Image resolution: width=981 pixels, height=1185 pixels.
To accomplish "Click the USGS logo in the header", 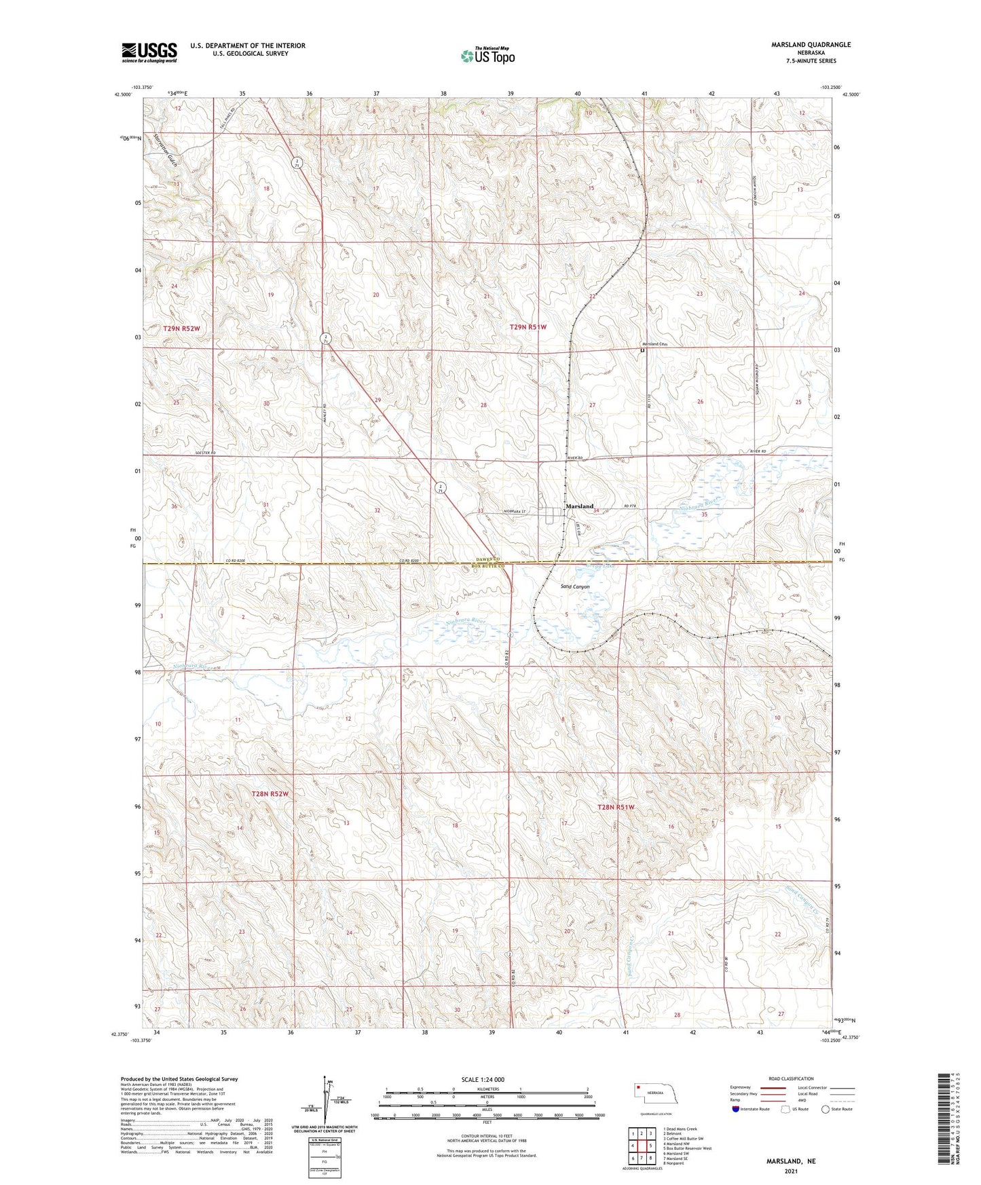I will (149, 52).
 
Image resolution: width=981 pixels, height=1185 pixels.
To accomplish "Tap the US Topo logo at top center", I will (487, 56).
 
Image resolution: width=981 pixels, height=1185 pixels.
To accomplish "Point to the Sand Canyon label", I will (575, 586).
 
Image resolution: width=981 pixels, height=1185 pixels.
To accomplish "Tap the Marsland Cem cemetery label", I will (656, 344).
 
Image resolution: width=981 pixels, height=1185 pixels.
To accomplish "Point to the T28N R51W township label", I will (616, 807).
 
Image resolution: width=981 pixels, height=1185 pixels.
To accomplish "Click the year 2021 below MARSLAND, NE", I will (791, 1171).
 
